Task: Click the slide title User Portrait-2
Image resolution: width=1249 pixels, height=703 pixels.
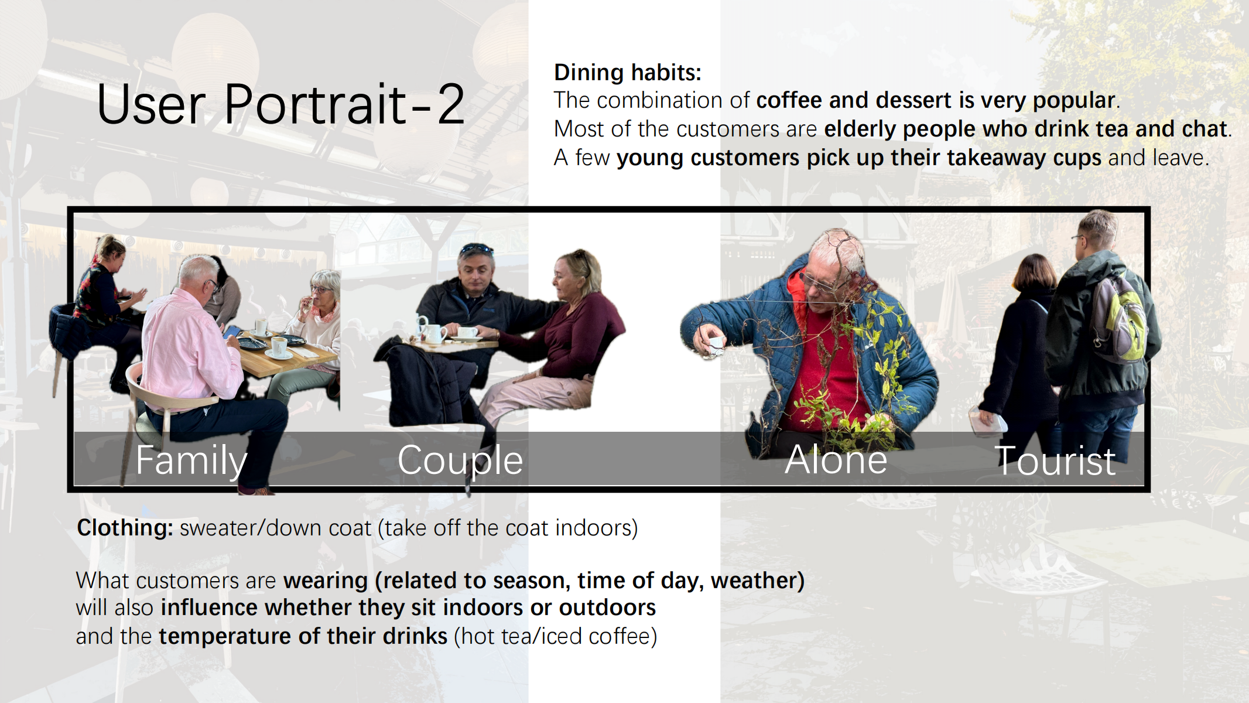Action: click(x=280, y=104)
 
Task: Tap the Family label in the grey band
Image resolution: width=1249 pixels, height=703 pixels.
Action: click(x=191, y=461)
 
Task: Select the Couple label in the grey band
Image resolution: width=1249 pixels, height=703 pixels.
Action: click(x=460, y=461)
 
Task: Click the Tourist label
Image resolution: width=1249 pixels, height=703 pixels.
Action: click(x=1055, y=461)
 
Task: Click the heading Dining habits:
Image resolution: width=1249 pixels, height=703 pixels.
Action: click(x=627, y=73)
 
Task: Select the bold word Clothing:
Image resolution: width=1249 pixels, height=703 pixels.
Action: click(x=125, y=528)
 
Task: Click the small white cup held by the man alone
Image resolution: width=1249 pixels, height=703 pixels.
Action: click(x=713, y=344)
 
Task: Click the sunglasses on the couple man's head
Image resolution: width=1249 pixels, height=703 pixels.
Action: click(x=476, y=248)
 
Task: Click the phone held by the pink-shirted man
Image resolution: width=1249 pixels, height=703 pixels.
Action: click(x=231, y=332)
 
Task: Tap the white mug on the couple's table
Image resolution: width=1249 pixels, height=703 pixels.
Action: click(x=433, y=333)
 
